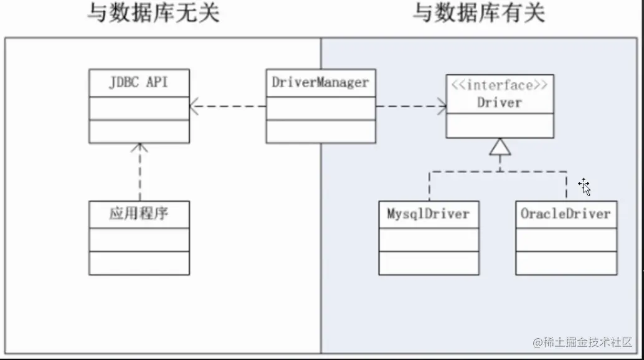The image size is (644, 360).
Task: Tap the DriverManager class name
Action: pos(320,82)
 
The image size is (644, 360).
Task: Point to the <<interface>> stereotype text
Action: pos(500,85)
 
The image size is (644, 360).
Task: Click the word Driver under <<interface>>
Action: pos(500,102)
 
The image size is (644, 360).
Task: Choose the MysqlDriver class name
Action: pos(428,214)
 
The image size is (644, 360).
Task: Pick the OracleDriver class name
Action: pos(566,214)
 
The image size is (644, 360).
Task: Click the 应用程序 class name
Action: pos(138,214)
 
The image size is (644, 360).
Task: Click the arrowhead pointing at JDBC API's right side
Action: pos(194,107)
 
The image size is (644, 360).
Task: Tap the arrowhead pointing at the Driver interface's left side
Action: pos(442,107)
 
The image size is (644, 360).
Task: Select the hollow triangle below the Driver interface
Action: pos(500,147)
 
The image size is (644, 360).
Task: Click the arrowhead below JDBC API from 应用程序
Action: pos(140,148)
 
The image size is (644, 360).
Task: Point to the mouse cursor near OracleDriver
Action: pos(584,186)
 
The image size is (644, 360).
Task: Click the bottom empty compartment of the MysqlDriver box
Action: pos(429,262)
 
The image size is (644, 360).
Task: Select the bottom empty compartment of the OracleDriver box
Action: pos(566,262)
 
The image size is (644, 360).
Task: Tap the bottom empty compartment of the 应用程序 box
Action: pos(139,262)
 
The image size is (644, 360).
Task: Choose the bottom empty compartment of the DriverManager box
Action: pos(321,131)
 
